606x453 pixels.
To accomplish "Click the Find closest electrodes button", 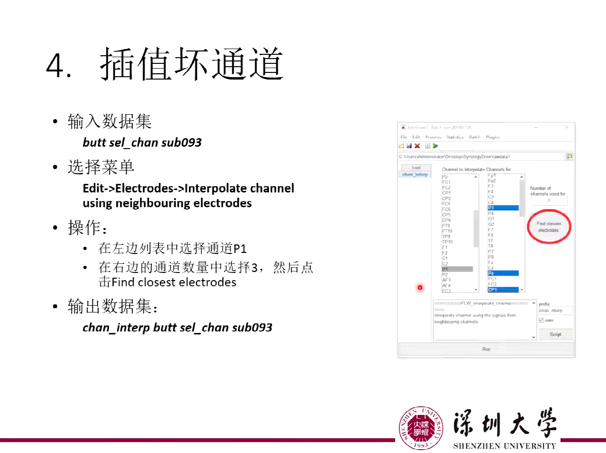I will coord(548,227).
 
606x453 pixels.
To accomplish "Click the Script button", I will coord(555,334).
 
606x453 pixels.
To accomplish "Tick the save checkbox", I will coord(541,320).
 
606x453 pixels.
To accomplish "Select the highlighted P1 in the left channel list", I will coord(457,269).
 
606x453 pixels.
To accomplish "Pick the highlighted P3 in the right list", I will coord(503,208).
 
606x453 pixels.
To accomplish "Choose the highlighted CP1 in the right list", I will coord(503,290).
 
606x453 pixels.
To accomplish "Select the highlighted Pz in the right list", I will coord(503,273).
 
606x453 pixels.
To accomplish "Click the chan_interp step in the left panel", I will coord(415,174).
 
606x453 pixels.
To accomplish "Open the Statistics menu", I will coord(455,137).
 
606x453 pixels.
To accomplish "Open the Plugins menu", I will coord(493,137).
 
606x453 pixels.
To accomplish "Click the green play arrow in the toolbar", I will coord(435,146).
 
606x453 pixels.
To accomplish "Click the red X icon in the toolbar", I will coord(417,146).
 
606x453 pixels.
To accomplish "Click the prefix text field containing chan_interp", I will coord(555,311).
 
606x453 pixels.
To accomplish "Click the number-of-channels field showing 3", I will coord(548,201).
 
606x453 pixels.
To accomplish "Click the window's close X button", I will coord(566,128).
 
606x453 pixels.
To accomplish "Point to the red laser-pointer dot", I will coord(420,287).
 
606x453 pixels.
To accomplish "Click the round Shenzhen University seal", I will coord(421,428).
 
